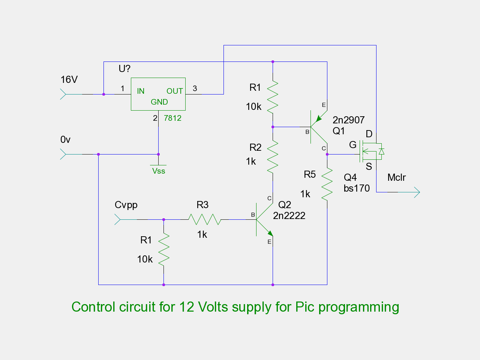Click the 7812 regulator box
pos(158,94)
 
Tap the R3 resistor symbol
pos(204,219)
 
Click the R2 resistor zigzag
pos(273,156)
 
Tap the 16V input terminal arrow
pos(63,94)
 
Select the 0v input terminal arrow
pos(63,154)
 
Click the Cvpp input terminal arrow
pos(117,219)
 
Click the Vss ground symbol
pos(158,165)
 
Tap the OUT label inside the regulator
pos(175,91)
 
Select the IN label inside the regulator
pos(141,91)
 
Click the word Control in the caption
pos(95,307)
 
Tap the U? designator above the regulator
pos(124,69)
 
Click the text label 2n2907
pos(348,120)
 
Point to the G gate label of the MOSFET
pos(352,145)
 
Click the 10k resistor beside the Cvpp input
pos(164,249)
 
